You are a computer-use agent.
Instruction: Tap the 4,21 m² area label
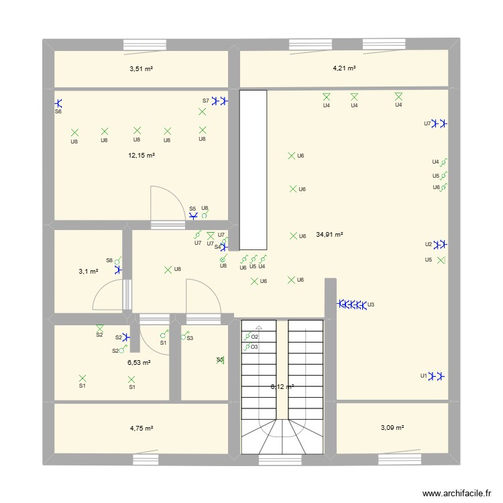(x=344, y=68)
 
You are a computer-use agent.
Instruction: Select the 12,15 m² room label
(x=142, y=155)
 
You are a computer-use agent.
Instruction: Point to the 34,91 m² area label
(x=329, y=235)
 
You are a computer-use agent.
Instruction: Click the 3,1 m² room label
(x=89, y=272)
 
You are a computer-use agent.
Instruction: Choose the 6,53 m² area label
(x=139, y=362)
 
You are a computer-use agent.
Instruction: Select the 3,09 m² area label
(x=392, y=427)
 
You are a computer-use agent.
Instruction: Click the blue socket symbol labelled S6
(x=58, y=103)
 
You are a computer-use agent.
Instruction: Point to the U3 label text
(x=371, y=305)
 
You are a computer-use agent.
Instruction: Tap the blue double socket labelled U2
(x=441, y=244)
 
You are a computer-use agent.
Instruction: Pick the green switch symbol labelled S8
(x=118, y=260)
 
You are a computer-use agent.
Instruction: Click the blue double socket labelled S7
(x=219, y=101)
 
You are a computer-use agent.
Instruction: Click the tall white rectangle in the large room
(x=253, y=170)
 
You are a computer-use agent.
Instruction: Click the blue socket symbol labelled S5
(x=194, y=216)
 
